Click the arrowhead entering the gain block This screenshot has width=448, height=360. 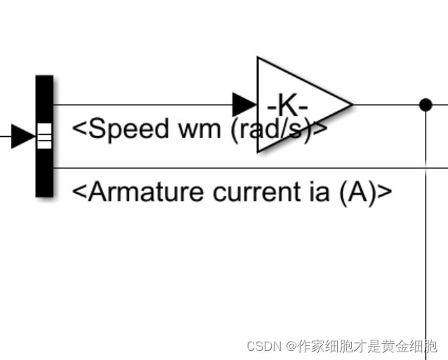point(244,105)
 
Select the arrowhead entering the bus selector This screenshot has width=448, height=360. point(23,136)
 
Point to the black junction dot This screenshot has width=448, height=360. point(425,105)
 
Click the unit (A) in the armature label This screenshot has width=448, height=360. point(357,192)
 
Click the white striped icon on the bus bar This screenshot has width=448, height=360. point(44,136)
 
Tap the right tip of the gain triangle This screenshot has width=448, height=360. point(350,105)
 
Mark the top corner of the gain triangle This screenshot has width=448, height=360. point(259,59)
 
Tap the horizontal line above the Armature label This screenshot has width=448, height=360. point(246,168)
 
